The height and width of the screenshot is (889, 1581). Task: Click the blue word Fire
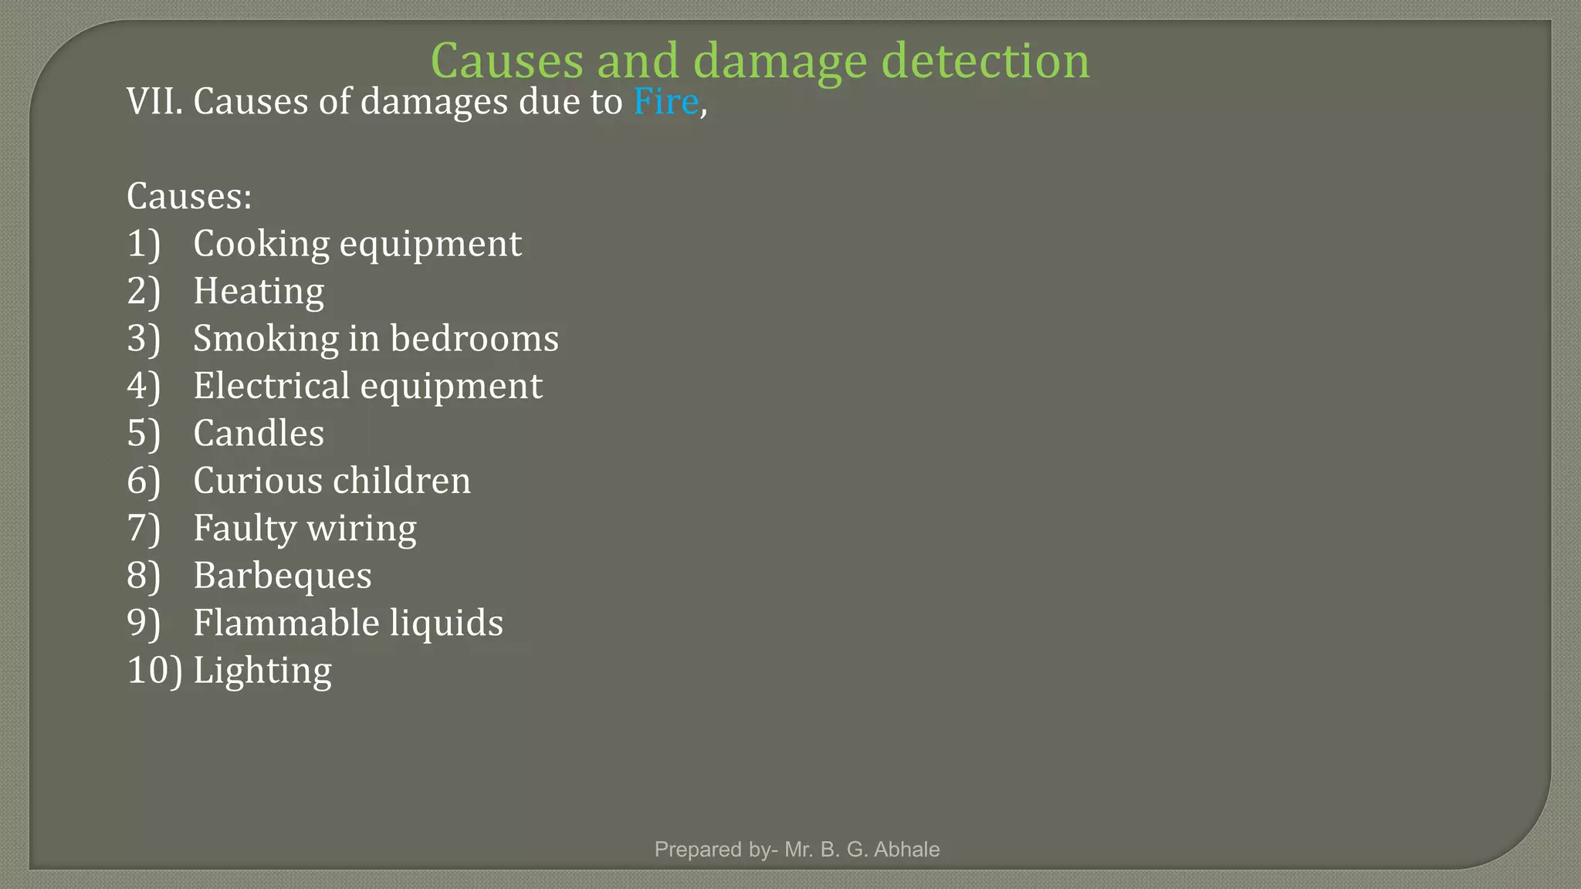coord(665,102)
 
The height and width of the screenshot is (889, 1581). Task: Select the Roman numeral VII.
coord(154,102)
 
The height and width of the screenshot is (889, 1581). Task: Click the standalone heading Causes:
coord(189,196)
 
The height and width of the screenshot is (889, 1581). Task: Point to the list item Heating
coord(259,292)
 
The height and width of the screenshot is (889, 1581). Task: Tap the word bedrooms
coord(474,339)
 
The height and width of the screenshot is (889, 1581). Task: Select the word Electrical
coord(271,386)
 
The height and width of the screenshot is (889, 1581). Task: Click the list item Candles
coord(259,433)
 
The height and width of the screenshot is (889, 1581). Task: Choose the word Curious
coord(257,481)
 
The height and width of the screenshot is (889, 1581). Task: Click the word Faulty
coord(245,529)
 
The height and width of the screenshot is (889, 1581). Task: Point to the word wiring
coord(361,529)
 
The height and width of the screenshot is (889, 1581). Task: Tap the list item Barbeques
coord(283,576)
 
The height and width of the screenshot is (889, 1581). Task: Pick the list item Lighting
coord(262,671)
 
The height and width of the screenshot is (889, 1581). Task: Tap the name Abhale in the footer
coord(906,850)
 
